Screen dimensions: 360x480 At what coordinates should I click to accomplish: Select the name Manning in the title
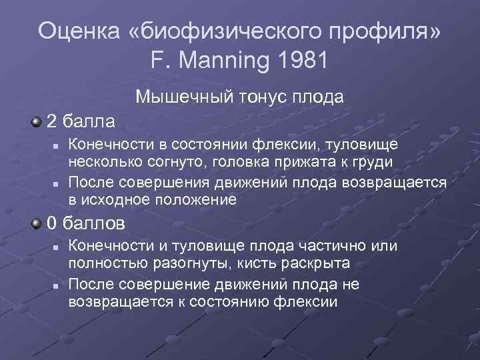pyautogui.click(x=227, y=61)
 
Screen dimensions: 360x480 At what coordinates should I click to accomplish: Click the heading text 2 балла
pyautogui.click(x=80, y=121)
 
